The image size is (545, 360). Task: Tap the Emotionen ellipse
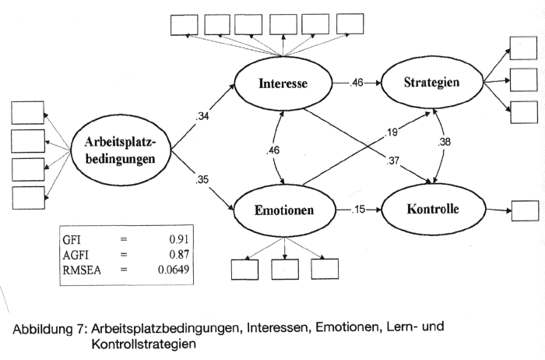coord(285,210)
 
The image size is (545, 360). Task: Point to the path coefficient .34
coord(205,117)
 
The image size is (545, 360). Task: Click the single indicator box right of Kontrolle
coord(524,210)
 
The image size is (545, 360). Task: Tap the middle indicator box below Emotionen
coord(285,267)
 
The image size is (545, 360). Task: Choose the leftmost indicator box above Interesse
coord(185,24)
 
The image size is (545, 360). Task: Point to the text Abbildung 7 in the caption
coord(46,328)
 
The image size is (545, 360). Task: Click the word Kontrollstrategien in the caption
coord(143,343)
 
